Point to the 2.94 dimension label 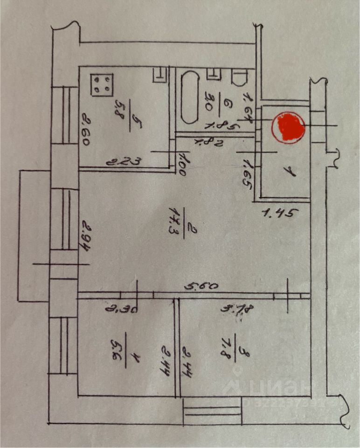point(85,237)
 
